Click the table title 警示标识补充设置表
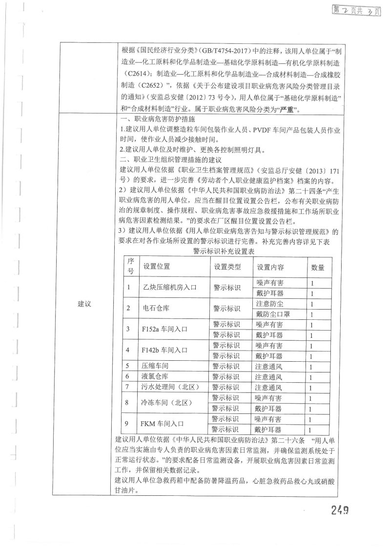coord(225,252)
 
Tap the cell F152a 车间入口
coord(163,329)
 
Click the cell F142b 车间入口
coord(163,350)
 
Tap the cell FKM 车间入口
coord(163,424)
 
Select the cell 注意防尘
coord(269,303)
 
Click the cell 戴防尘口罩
coord(273,313)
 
